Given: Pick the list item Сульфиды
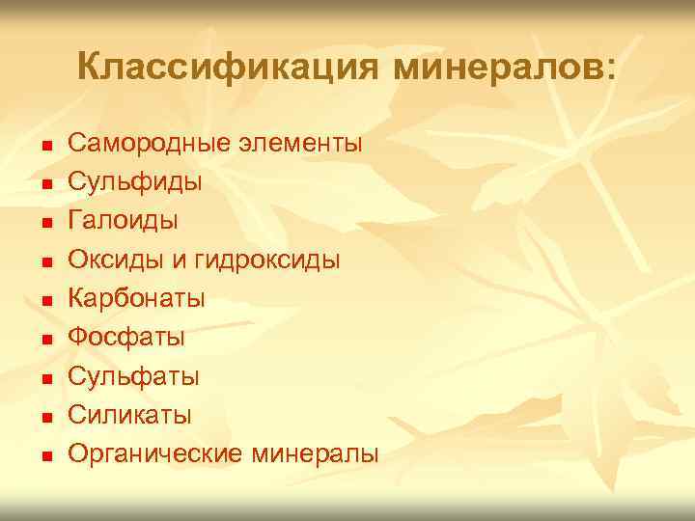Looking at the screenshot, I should tap(122, 182).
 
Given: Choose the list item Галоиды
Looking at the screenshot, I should tap(123, 221).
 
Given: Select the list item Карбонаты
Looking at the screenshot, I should tap(136, 298).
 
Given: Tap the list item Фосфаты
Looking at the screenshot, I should tap(125, 338).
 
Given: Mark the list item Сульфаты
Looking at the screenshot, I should tap(133, 376).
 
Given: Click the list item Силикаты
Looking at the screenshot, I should tap(129, 415).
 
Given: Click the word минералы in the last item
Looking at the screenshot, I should tap(315, 453).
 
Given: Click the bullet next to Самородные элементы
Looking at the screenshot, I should tap(45, 146).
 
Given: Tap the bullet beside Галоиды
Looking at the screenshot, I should tap(45, 223).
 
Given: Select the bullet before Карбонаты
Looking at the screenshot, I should tap(45, 300).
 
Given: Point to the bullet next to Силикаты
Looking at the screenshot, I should tap(45, 417).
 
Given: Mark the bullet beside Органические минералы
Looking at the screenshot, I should tap(45, 455).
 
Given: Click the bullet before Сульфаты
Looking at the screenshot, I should tap(45, 378).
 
